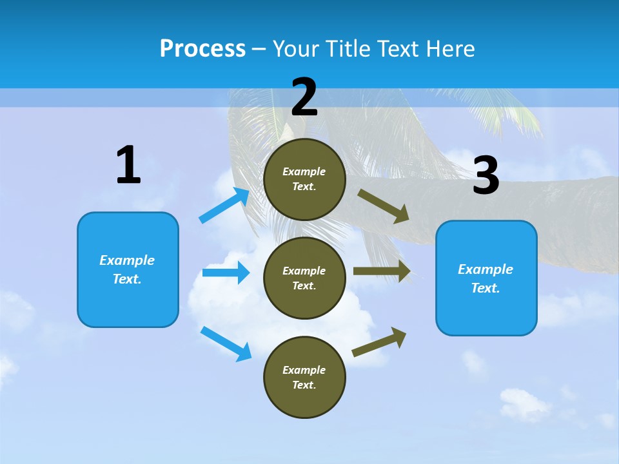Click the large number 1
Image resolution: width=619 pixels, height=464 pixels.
(128, 166)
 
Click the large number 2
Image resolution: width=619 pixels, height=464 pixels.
(304, 98)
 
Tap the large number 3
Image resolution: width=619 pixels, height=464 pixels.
(486, 176)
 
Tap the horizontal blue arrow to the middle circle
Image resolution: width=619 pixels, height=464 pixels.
(226, 273)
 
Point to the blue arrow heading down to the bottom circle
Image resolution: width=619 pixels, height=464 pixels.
(226, 343)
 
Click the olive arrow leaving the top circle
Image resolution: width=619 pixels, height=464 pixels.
(384, 206)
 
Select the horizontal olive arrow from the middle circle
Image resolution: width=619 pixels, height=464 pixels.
(382, 271)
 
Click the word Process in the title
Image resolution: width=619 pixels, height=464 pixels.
(202, 49)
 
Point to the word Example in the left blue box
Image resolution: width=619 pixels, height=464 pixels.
(127, 260)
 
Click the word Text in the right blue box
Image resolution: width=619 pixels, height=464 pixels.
(484, 288)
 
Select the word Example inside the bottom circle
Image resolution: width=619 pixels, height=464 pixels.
(304, 370)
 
